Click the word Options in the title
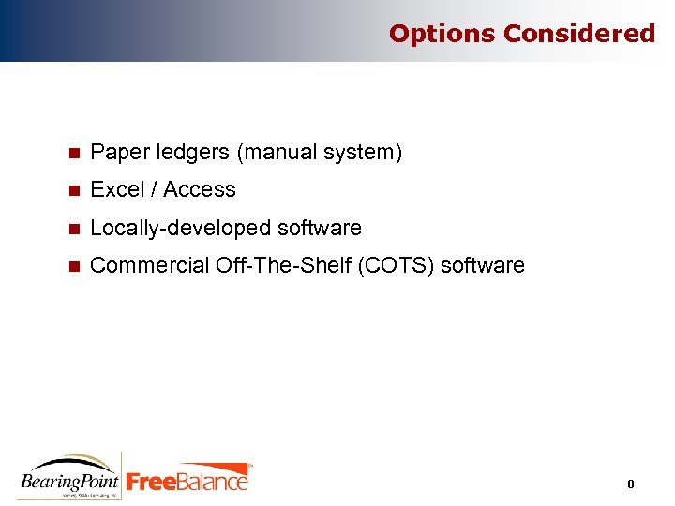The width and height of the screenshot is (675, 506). (442, 34)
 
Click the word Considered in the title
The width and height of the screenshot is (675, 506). (579, 34)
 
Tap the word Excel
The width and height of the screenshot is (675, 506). (117, 189)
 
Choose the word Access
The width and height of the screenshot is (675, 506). (200, 189)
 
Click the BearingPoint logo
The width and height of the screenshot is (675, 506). (70, 476)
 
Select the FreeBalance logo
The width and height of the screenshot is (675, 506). (188, 479)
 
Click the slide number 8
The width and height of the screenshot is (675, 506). (631, 484)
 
